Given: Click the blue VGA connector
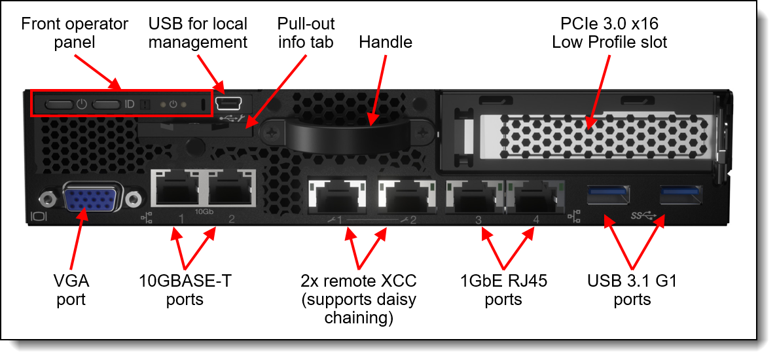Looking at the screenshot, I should pyautogui.click(x=90, y=198).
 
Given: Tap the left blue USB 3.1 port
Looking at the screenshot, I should pyautogui.click(x=609, y=194).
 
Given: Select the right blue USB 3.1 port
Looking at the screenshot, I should pyautogui.click(x=681, y=194).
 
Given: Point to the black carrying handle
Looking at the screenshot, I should pyautogui.click(x=354, y=135).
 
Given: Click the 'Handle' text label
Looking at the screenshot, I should pyautogui.click(x=386, y=43).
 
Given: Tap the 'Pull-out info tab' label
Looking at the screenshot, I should pyautogui.click(x=306, y=33).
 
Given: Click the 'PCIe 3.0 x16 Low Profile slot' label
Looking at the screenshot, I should pyautogui.click(x=609, y=33).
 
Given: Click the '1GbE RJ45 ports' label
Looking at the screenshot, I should pyautogui.click(x=503, y=291).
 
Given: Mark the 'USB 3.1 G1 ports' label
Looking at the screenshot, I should pyautogui.click(x=632, y=291).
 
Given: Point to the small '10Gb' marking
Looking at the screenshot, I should pyautogui.click(x=204, y=212).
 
